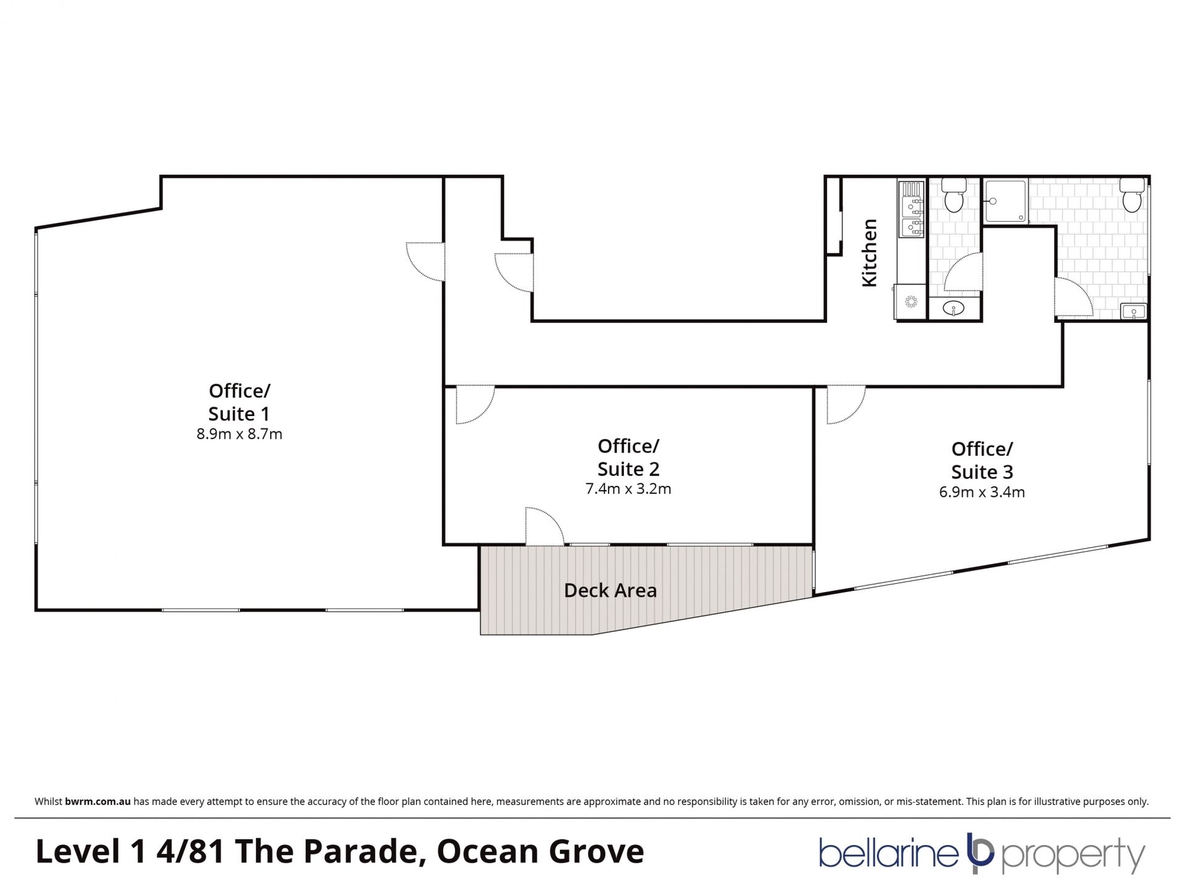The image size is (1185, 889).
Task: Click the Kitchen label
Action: click(x=869, y=253)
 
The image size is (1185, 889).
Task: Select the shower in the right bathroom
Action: click(x=1006, y=200)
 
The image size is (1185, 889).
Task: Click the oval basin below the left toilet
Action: click(x=955, y=308)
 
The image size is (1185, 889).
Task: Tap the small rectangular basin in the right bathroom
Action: click(x=1134, y=311)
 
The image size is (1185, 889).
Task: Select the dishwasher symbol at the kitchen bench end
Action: click(x=911, y=302)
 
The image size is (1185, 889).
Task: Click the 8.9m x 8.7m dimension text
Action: click(x=239, y=434)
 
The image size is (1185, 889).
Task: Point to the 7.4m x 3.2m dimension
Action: click(x=628, y=489)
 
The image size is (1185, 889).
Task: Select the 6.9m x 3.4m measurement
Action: click(x=982, y=492)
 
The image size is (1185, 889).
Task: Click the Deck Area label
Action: click(x=610, y=591)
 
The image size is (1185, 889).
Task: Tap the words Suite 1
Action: click(x=239, y=414)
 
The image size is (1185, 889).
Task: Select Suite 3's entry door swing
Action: click(x=846, y=405)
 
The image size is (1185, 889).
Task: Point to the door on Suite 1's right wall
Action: click(x=425, y=262)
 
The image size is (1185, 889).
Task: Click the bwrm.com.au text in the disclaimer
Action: click(x=98, y=802)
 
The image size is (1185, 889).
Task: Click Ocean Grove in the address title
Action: click(x=540, y=851)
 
